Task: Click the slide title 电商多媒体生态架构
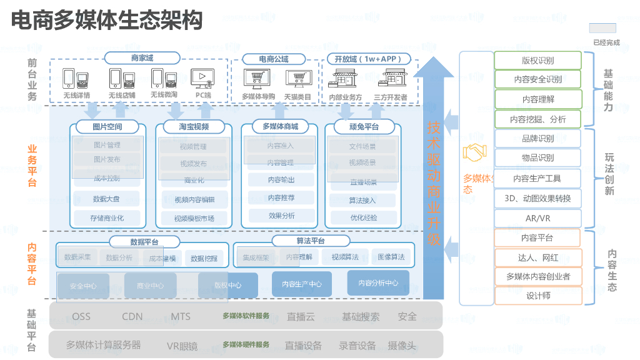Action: [107, 21]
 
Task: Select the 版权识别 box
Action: [537, 61]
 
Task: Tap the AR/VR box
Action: [537, 218]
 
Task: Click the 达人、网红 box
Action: [537, 257]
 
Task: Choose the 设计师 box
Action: [537, 296]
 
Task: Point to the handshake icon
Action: [475, 152]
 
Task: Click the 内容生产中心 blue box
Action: [301, 284]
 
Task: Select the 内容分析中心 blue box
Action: [378, 282]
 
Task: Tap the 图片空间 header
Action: [107, 127]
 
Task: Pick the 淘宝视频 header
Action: [194, 127]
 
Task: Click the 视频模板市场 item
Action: [194, 218]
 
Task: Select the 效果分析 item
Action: [281, 216]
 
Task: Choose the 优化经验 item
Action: [363, 217]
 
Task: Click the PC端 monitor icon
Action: [202, 78]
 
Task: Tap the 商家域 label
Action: [142, 58]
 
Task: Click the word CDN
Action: [132, 316]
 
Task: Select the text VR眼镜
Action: [182, 346]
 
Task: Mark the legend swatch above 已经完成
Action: [602, 28]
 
